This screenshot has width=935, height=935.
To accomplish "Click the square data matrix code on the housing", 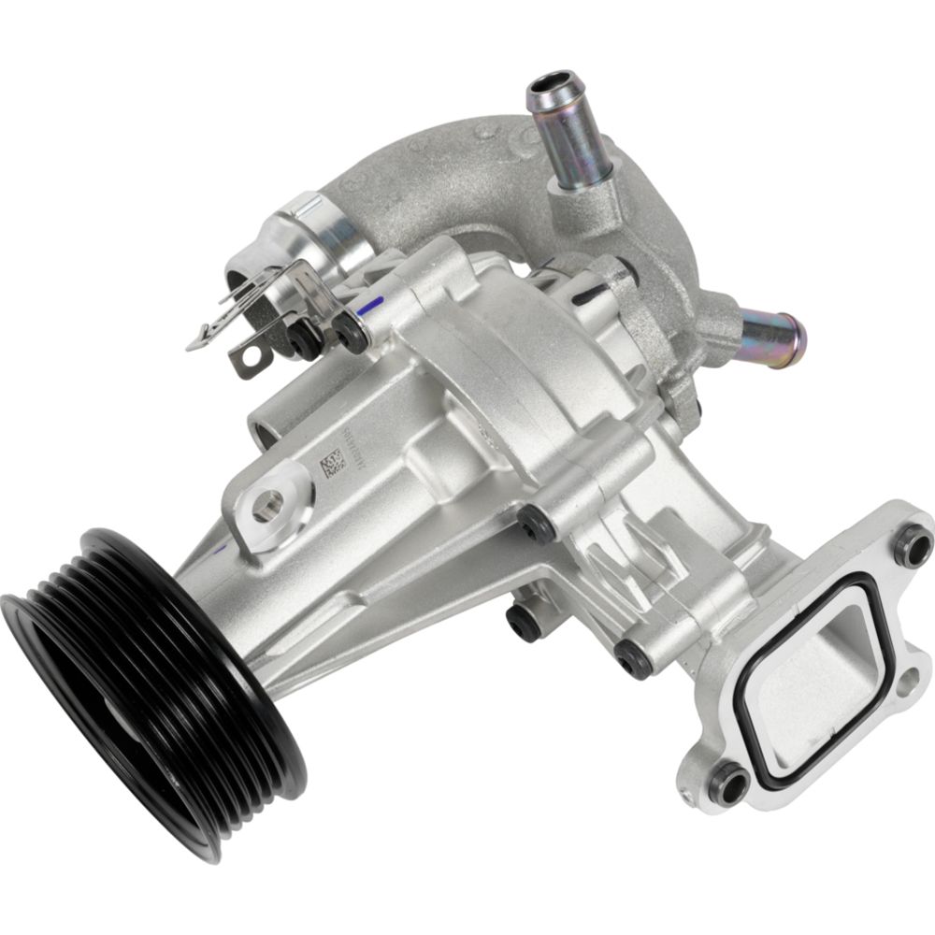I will click(x=334, y=465).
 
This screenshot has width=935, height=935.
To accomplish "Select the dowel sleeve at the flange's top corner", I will click(x=911, y=545).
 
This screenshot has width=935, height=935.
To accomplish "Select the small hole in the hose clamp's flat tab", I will click(x=249, y=356).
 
